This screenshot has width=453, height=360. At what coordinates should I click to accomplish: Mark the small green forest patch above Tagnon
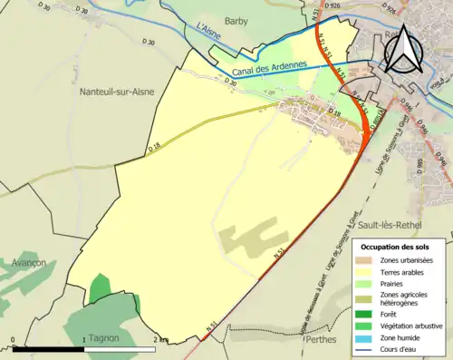pos(101,286)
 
